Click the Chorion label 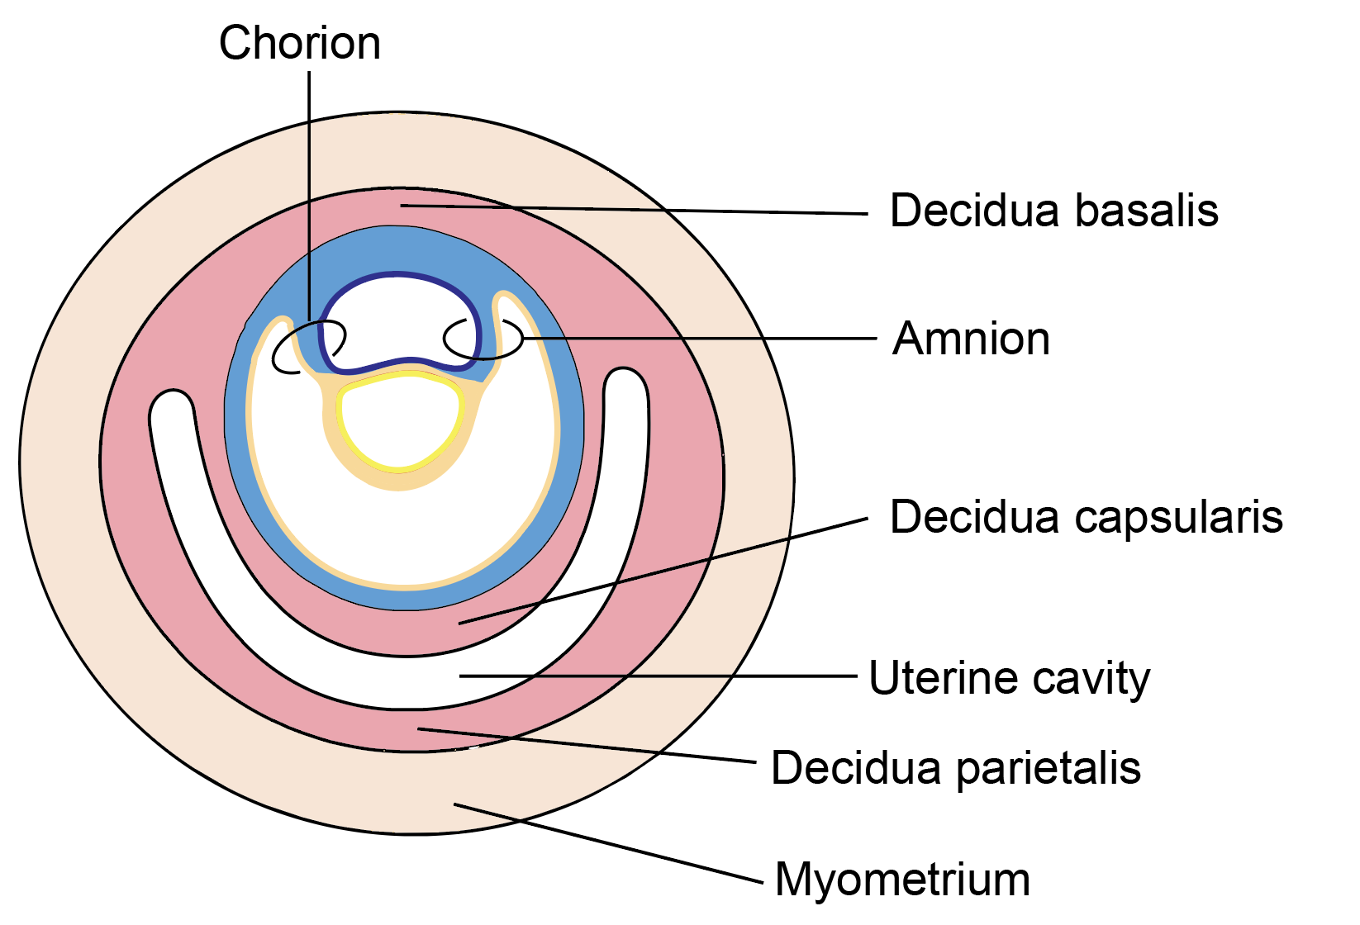point(299,43)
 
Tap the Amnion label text point(971,339)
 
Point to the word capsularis point(1178,518)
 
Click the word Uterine point(931,678)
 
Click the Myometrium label point(902,879)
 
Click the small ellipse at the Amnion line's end point(483,338)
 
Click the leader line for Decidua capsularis point(661,571)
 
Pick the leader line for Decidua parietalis point(587,744)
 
